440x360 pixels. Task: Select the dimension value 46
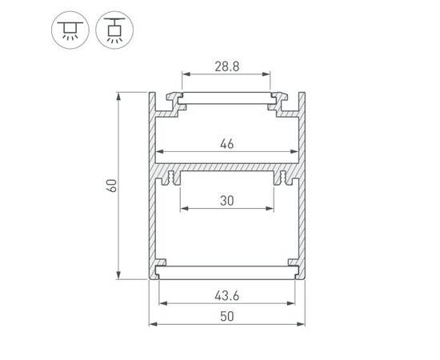pos(226,145)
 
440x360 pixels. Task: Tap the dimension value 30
pos(226,202)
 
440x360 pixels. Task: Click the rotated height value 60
pos(111,186)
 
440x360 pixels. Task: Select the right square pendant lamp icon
pos(112,30)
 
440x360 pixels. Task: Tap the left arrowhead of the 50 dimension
pos(151,326)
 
